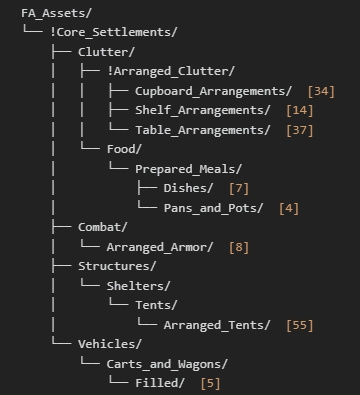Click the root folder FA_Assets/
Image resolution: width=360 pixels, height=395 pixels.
(56, 13)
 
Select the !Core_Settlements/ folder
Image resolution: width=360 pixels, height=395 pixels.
(114, 32)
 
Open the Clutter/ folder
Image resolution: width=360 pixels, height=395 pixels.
(106, 52)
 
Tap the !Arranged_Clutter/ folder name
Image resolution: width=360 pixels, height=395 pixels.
(171, 71)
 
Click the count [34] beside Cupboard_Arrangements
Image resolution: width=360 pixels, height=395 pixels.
(321, 91)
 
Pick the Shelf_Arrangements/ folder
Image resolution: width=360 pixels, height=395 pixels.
(203, 110)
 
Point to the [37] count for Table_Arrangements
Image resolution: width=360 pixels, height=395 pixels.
(300, 130)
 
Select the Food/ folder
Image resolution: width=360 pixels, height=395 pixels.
(124, 149)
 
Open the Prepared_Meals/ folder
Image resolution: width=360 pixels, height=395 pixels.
(188, 169)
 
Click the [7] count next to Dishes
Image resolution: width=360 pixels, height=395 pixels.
(239, 188)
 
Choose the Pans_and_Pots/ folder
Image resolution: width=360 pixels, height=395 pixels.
(213, 208)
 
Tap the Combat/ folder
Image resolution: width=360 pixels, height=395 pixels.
(103, 227)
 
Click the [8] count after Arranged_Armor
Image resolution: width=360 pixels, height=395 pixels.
(239, 247)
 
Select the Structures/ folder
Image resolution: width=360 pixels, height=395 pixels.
(117, 266)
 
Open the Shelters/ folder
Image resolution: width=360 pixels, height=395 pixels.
(138, 286)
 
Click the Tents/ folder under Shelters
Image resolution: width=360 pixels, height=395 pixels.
(156, 305)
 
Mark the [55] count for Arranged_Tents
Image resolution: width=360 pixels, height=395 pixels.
(300, 325)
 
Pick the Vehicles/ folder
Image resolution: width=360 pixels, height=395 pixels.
(110, 344)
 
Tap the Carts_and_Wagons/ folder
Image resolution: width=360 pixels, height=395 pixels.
(167, 364)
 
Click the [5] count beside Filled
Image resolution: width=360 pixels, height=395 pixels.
(210, 383)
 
